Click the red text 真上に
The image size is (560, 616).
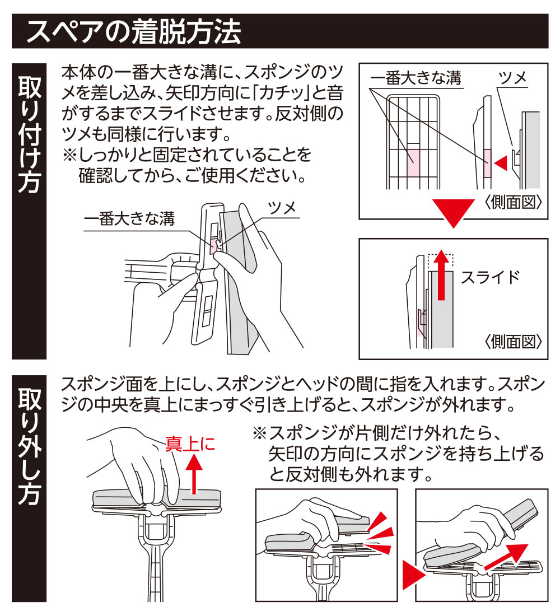190,444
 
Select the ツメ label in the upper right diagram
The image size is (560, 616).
513,78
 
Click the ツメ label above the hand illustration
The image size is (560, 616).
282,208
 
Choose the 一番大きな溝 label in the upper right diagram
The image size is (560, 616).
416,78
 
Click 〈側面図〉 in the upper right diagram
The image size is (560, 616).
514,202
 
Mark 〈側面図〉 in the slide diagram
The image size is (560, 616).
514,341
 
